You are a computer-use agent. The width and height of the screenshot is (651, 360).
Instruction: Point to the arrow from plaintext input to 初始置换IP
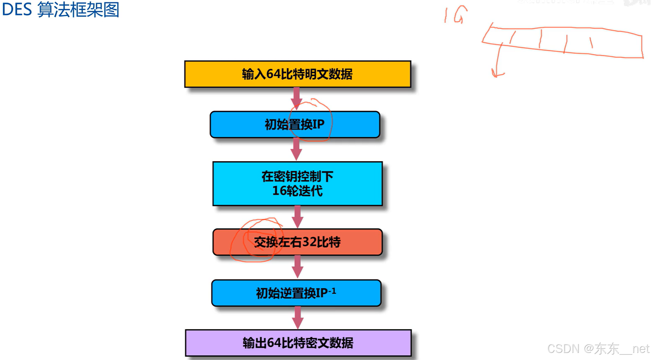pyautogui.click(x=296, y=98)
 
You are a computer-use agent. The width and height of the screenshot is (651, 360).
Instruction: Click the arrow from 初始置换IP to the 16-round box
pyautogui.click(x=296, y=149)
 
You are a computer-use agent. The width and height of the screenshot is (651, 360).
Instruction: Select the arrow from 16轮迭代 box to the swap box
pyautogui.click(x=298, y=216)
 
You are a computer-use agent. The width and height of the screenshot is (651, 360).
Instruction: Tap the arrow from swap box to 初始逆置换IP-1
pyautogui.click(x=298, y=266)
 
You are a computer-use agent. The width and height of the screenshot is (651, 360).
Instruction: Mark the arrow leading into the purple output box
pyautogui.click(x=298, y=317)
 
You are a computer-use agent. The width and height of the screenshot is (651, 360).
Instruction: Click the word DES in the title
pyautogui.click(x=17, y=10)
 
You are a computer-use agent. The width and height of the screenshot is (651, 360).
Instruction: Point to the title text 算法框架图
pyautogui.click(x=78, y=10)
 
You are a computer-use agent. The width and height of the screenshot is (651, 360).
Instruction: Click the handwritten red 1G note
pyautogui.click(x=455, y=15)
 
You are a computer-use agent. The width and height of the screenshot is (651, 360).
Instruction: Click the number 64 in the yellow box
pyautogui.click(x=273, y=74)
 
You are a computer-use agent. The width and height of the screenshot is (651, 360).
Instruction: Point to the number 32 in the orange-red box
pyautogui.click(x=309, y=242)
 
